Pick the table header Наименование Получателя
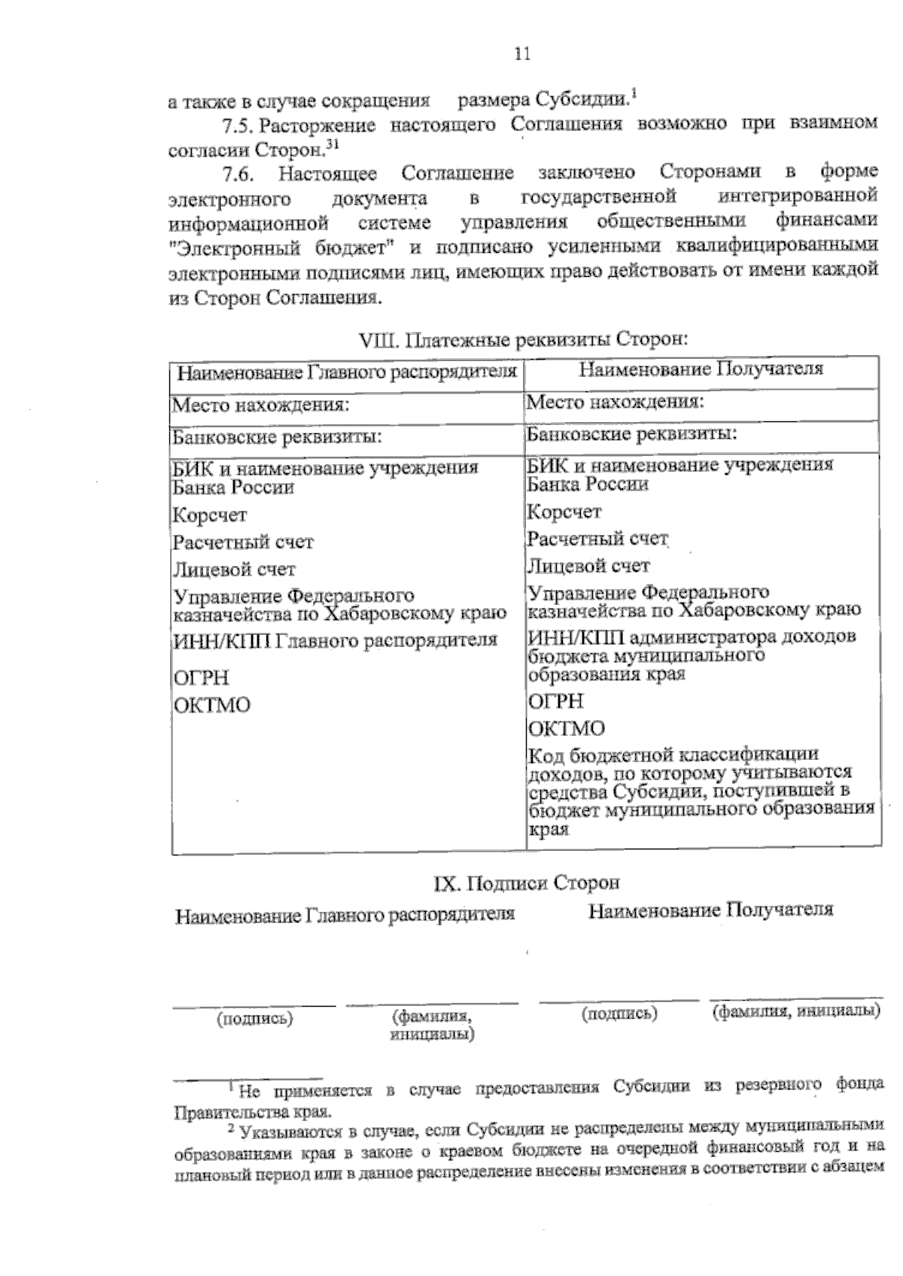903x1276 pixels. click(701, 369)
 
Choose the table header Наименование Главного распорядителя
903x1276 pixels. click(347, 372)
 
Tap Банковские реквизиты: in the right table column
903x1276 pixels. click(631, 434)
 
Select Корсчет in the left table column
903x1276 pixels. click(209, 515)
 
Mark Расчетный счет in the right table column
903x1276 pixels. click(597, 539)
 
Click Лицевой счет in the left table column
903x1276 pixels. click(234, 570)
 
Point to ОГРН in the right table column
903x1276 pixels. click(555, 701)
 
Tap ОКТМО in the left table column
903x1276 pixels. click(212, 706)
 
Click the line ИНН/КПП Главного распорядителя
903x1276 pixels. click(336, 640)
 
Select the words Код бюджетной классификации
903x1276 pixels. click(673, 755)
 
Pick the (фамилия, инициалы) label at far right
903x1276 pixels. click(796, 1010)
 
